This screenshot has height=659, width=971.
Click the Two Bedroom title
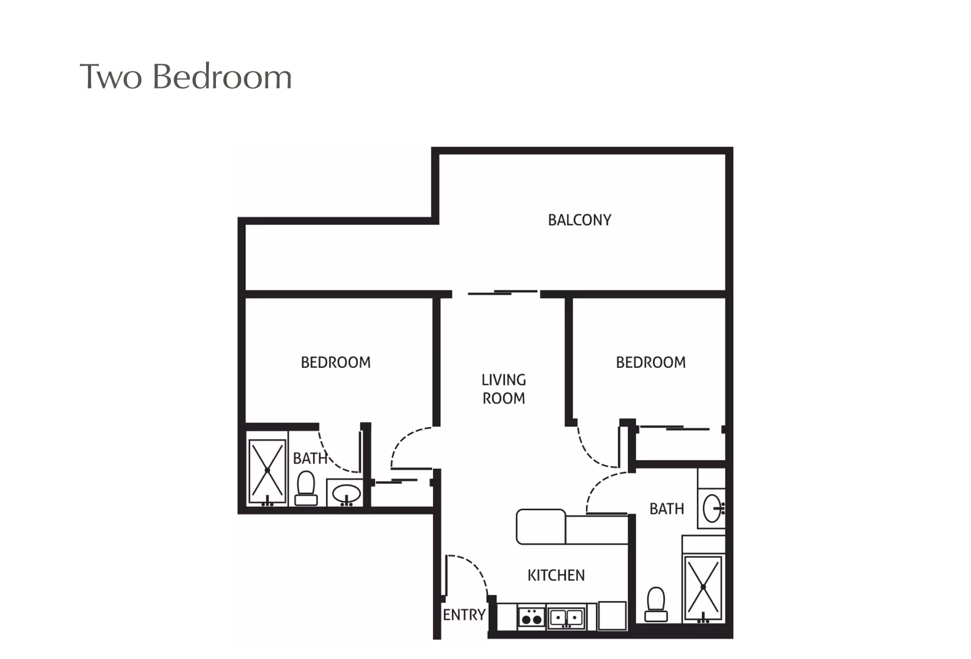coord(186,77)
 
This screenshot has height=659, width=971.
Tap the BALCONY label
coord(580,220)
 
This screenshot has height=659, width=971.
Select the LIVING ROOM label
coord(504,389)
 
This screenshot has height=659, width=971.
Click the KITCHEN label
coord(556,575)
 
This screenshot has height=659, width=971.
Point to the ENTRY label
coord(464,614)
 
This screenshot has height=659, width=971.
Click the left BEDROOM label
coord(335,362)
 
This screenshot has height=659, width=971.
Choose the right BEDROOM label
coord(650,362)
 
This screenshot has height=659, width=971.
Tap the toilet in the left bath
coord(306,488)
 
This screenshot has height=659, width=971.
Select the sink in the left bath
coord(346,494)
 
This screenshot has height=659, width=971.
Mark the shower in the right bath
coord(703,588)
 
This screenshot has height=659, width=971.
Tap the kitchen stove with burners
coord(532,618)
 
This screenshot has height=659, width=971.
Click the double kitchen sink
coord(566,618)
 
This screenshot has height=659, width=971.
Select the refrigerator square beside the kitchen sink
coord(612,616)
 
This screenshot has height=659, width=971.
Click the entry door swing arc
coord(474,566)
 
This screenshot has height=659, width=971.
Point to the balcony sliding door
coord(503,292)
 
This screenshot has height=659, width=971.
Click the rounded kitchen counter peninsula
coord(541,526)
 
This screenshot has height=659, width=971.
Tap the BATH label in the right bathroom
coord(667,509)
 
